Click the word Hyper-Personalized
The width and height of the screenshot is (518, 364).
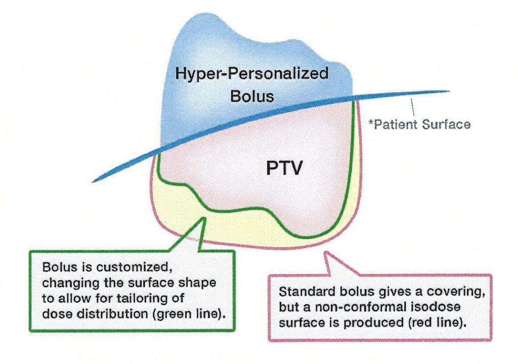[x=251, y=74]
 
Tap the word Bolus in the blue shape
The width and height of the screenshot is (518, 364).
[x=251, y=96]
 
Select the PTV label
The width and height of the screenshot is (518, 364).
[x=284, y=168]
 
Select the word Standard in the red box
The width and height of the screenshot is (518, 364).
[x=303, y=292]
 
